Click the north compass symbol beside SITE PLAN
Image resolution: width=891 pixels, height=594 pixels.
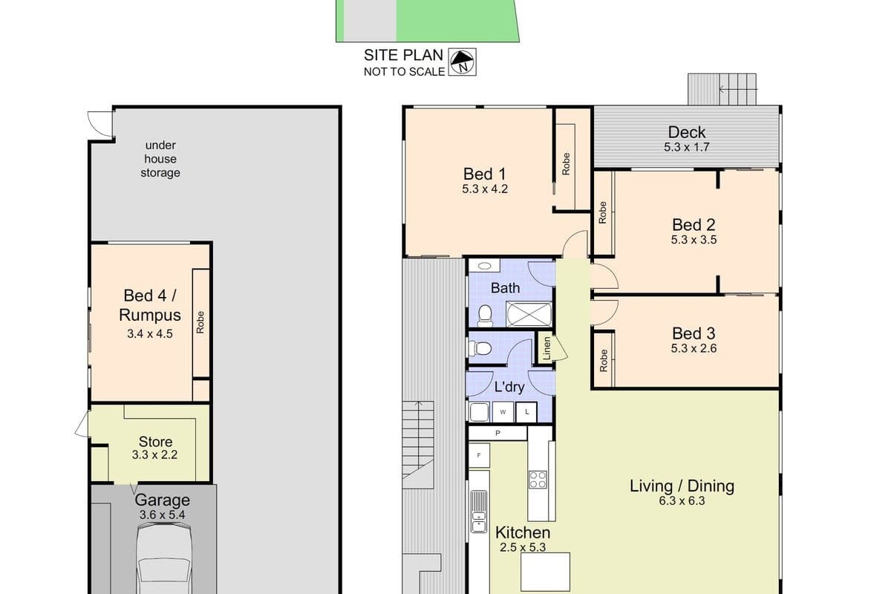click(x=462, y=62)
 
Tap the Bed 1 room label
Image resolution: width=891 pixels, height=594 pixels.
click(x=484, y=174)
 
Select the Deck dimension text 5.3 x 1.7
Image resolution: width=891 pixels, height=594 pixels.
click(x=687, y=147)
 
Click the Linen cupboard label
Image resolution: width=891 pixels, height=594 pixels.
click(x=546, y=348)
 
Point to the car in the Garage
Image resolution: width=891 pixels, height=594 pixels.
click(x=164, y=558)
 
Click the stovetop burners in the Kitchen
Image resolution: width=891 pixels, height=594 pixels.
click(x=538, y=480)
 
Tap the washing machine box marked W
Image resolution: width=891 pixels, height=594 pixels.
click(x=503, y=412)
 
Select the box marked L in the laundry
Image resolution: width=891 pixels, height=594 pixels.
click(x=526, y=412)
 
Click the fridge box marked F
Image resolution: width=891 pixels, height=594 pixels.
click(x=479, y=455)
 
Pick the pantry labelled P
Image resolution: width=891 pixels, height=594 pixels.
click(x=497, y=433)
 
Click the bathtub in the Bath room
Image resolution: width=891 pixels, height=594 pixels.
click(x=529, y=314)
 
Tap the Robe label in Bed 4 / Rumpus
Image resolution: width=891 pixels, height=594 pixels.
click(x=200, y=322)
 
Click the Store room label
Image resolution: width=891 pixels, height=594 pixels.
click(x=155, y=442)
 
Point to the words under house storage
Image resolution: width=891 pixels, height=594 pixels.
click(x=160, y=159)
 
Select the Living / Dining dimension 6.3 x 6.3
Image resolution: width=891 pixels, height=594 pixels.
click(x=682, y=501)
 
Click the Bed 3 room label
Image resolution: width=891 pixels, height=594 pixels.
click(x=693, y=333)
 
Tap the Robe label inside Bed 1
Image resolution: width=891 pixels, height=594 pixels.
click(x=566, y=164)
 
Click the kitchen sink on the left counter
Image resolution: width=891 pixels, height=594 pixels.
click(x=478, y=512)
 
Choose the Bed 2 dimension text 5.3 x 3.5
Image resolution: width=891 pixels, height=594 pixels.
click(x=693, y=240)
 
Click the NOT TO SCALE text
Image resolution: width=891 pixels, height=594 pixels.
click(x=404, y=71)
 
